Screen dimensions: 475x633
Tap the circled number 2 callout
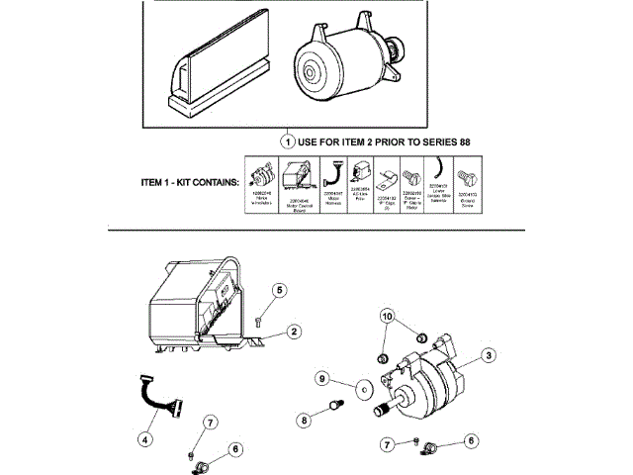294,331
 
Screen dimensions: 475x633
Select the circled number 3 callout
488,355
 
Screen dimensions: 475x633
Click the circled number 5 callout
280,290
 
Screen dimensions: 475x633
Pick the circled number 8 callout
304,420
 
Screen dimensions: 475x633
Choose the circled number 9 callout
321,378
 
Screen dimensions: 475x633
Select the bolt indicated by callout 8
337,408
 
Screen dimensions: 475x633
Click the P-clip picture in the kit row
387,179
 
